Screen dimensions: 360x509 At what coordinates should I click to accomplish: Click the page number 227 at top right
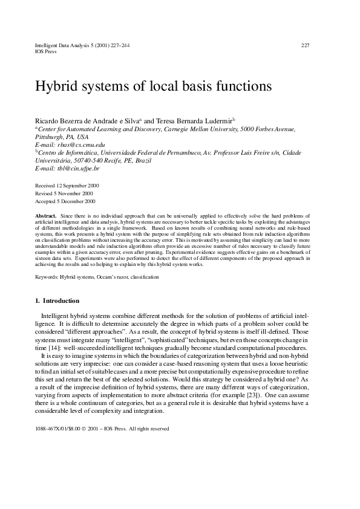pos(306,45)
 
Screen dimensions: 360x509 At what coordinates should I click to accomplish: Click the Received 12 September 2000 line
pos(68,186)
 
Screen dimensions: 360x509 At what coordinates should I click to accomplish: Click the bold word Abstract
pos(47,215)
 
